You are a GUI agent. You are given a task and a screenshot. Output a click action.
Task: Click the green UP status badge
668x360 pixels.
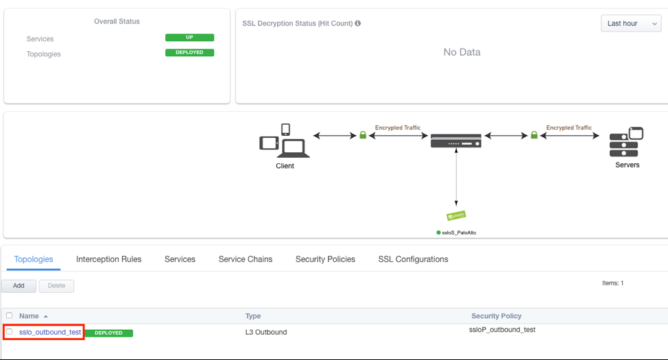tap(189, 38)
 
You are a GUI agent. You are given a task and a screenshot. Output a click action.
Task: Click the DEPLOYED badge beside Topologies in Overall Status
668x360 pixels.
tap(189, 53)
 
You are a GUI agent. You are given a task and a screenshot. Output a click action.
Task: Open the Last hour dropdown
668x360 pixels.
tap(631, 23)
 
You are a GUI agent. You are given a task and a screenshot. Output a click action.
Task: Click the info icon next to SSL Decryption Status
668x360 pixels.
tap(358, 23)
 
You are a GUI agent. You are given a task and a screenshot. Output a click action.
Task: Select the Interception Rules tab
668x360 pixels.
tap(108, 259)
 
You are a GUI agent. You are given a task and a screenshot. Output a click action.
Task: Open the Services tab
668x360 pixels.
tap(180, 259)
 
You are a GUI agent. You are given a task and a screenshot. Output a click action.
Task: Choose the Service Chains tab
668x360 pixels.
tap(246, 259)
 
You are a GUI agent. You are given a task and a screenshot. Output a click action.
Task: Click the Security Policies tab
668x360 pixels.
tap(325, 259)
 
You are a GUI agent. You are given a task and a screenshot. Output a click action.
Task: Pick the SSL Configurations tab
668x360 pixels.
tap(413, 259)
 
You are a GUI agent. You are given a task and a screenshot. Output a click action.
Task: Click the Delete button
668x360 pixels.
tap(56, 286)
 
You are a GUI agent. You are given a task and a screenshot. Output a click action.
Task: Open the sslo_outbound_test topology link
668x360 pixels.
tap(50, 333)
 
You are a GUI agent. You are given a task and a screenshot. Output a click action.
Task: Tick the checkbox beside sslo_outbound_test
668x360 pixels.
tap(10, 332)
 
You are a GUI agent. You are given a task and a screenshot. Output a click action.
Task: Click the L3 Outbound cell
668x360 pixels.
tap(266, 333)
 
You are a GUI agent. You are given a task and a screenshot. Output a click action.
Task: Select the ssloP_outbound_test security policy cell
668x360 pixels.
tap(502, 330)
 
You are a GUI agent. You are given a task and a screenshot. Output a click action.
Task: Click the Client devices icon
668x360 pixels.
tap(285, 141)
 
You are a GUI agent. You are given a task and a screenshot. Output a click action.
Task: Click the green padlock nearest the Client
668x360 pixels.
tap(363, 136)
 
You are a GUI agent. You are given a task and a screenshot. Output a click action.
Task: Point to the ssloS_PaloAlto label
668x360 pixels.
tap(459, 233)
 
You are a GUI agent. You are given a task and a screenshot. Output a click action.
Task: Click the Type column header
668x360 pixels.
tap(254, 316)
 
